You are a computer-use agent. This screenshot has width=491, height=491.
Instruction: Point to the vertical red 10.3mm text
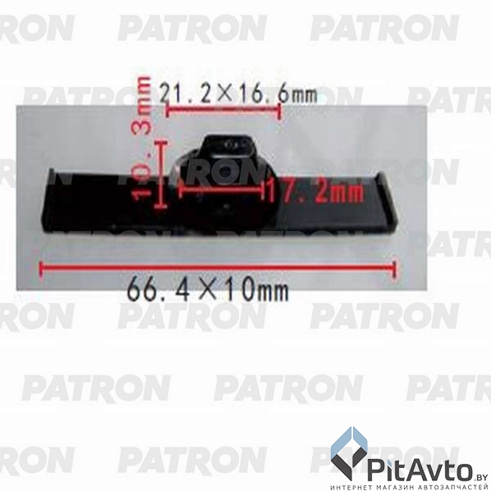coord(144,140)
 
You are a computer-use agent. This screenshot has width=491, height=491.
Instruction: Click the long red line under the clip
coord(218,267)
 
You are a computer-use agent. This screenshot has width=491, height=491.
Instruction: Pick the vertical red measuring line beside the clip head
coord(163,173)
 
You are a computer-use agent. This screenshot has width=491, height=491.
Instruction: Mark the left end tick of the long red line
coord(40,267)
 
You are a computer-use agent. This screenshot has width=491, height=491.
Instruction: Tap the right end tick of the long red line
coord(395,268)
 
